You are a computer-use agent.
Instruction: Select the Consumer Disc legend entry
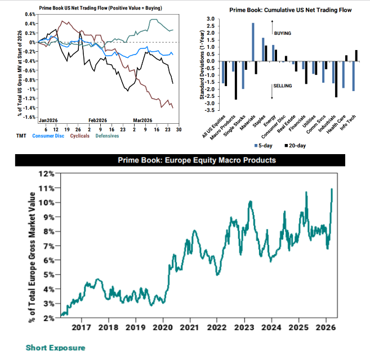pos(50,136)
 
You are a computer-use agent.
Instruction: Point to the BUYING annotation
pos(282,34)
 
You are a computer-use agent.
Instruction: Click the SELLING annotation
pos(282,85)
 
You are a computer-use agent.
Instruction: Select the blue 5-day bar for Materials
pos(253,42)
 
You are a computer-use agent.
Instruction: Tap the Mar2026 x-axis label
pos(143,120)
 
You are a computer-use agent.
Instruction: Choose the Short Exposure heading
pos(55,348)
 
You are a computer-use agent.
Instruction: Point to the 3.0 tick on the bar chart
pos(211,19)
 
